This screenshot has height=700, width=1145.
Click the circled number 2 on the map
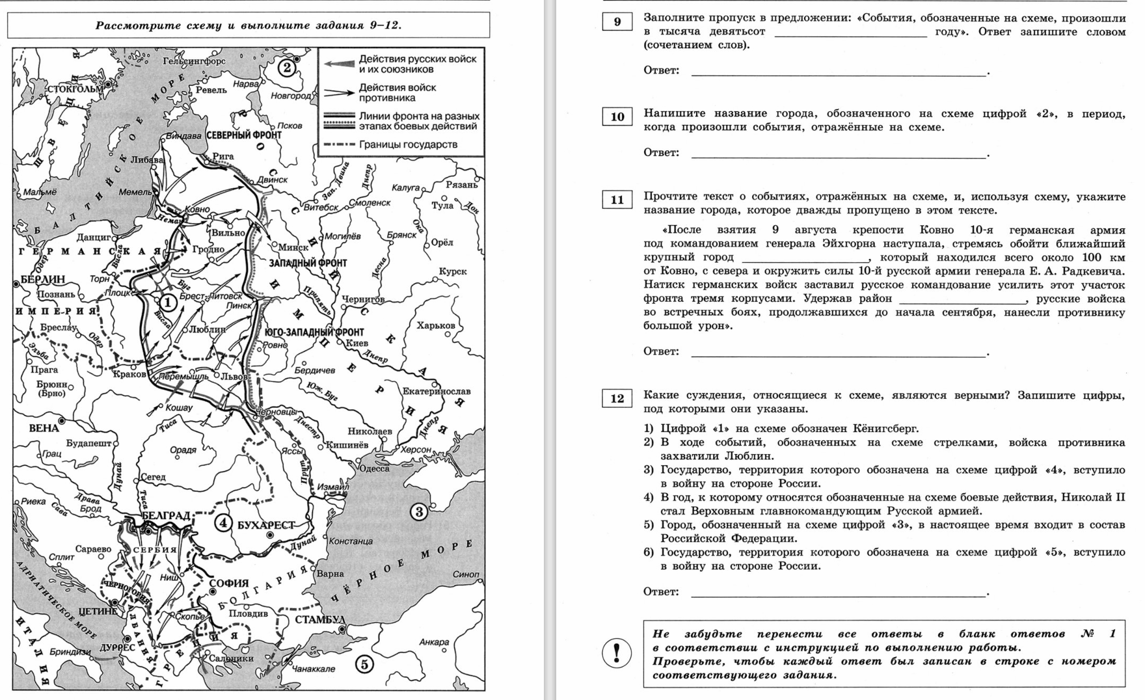click(x=286, y=67)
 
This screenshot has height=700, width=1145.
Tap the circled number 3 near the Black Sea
click(x=419, y=512)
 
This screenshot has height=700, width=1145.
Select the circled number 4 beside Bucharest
click(x=223, y=523)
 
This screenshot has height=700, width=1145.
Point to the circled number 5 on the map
click(x=364, y=664)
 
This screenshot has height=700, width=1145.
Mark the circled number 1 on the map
click(x=168, y=302)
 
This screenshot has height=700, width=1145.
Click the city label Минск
click(x=293, y=247)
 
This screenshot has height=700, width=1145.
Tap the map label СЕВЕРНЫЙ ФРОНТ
click(x=243, y=135)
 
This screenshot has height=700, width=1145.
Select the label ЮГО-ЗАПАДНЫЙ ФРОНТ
click(x=314, y=332)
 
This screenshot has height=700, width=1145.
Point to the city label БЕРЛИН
click(x=43, y=279)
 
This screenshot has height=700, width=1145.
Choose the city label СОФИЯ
click(x=229, y=584)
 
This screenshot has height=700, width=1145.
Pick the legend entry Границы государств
click(x=408, y=144)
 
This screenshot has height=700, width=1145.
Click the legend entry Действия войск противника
click(x=397, y=92)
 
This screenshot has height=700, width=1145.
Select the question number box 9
click(x=617, y=22)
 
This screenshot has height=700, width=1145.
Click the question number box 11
click(x=617, y=200)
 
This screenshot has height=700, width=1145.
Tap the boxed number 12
click(x=617, y=399)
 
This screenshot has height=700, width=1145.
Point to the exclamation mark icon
click(x=617, y=653)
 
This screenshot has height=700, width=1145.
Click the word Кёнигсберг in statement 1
click(x=887, y=428)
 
